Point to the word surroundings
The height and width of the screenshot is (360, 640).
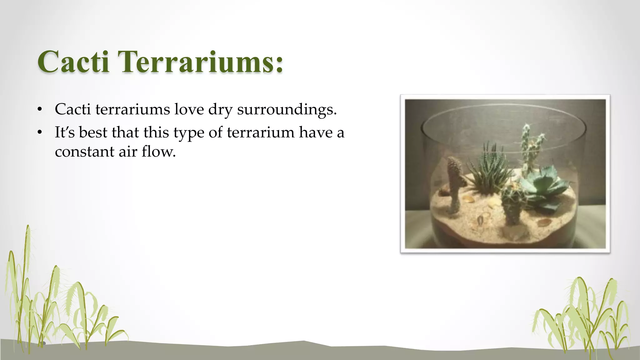[287, 110]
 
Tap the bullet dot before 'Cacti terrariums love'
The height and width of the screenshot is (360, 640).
[39, 109]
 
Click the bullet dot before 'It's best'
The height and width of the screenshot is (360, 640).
[39, 132]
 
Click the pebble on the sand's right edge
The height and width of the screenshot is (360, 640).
[544, 222]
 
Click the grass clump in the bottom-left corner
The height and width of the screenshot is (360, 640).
[53, 300]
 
